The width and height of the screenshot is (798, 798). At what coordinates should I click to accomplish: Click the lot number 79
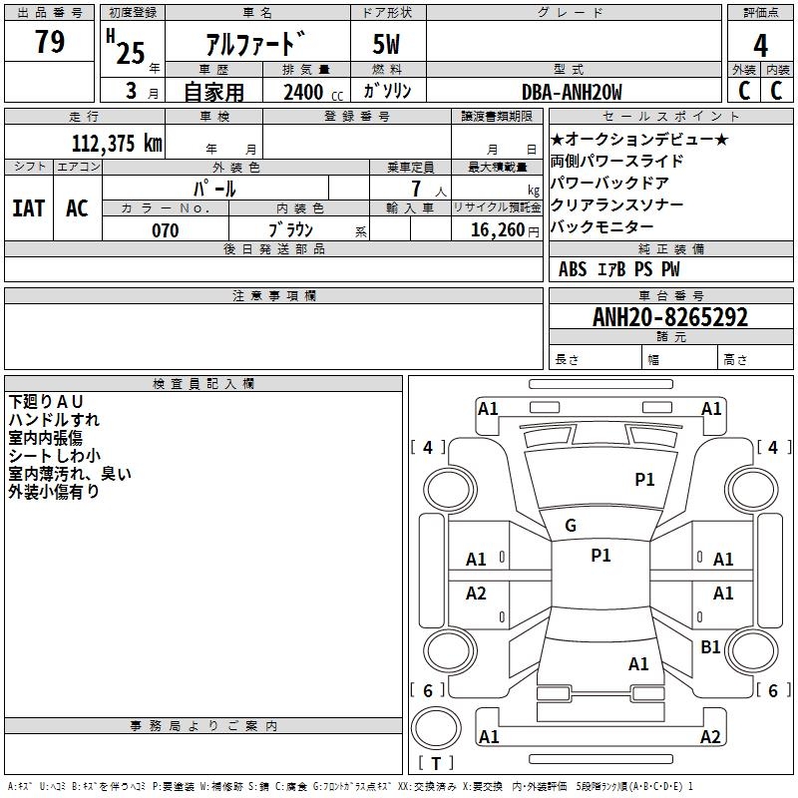[50, 41]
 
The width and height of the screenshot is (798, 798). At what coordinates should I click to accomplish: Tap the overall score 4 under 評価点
[760, 46]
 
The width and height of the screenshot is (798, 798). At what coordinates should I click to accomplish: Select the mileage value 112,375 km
[117, 143]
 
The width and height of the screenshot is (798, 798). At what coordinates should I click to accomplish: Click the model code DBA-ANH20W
[572, 92]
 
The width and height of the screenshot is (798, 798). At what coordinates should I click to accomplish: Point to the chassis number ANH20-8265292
[670, 317]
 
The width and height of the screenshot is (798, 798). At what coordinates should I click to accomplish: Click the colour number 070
[166, 230]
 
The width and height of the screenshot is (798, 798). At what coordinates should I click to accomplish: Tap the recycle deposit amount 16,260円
[505, 230]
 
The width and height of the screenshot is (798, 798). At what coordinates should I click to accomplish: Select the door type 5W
[386, 44]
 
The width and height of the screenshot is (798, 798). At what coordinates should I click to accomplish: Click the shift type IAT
[29, 208]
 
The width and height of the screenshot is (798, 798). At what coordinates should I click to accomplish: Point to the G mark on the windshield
[571, 526]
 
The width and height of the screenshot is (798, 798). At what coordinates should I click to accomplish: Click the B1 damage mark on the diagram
[710, 646]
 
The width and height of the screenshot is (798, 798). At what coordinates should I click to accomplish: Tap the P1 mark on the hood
[644, 479]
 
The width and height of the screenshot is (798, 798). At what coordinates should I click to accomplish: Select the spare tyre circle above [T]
[436, 727]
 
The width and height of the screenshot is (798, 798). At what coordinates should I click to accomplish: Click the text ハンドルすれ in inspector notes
[54, 420]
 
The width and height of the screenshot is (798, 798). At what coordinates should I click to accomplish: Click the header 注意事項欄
[274, 295]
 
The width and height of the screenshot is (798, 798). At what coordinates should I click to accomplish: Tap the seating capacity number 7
[417, 189]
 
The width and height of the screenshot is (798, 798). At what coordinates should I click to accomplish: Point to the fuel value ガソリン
[387, 91]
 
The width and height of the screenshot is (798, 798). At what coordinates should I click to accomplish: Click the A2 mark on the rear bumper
[710, 736]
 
